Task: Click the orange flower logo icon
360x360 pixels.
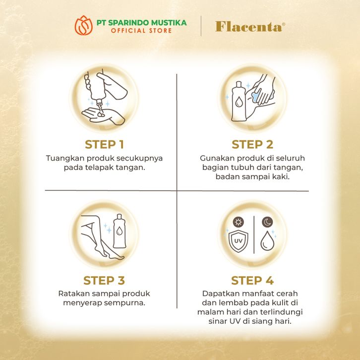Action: [84, 25]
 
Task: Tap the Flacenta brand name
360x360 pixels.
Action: [250, 27]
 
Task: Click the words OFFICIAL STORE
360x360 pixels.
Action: [141, 31]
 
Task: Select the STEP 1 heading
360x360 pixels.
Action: [105, 145]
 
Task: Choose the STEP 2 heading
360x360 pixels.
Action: [252, 145]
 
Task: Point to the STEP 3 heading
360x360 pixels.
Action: [104, 281]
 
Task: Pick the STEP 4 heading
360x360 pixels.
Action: [252, 281]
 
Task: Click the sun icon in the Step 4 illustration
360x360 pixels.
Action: [239, 222]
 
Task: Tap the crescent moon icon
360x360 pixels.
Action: [267, 222]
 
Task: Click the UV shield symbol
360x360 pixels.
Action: [239, 241]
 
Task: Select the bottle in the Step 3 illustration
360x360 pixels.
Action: [120, 231]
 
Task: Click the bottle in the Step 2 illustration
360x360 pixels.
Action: [239, 101]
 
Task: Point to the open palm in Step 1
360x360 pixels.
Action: [103, 116]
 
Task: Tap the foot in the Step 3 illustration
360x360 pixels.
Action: [113, 254]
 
